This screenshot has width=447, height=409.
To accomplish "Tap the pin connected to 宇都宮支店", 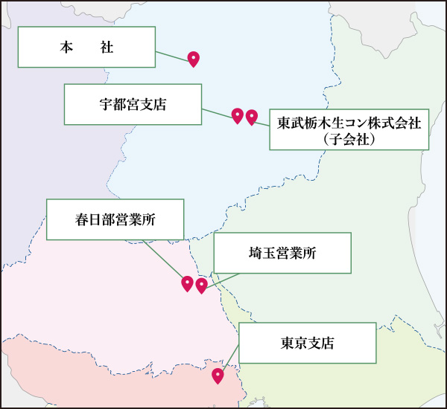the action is click(238, 115).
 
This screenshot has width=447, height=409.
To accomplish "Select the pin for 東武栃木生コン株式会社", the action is click(252, 117).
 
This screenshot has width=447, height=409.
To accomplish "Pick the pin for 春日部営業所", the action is click(188, 283).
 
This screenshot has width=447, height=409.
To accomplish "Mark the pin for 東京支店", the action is click(218, 376).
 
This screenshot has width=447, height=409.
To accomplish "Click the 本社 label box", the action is click(86, 47).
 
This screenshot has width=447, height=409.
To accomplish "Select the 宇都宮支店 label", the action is click(133, 104).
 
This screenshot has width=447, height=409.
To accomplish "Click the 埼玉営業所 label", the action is click(282, 253).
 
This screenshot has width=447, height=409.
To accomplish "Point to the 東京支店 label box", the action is click(307, 343).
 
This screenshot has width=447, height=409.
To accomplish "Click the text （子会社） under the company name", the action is click(349, 138).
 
